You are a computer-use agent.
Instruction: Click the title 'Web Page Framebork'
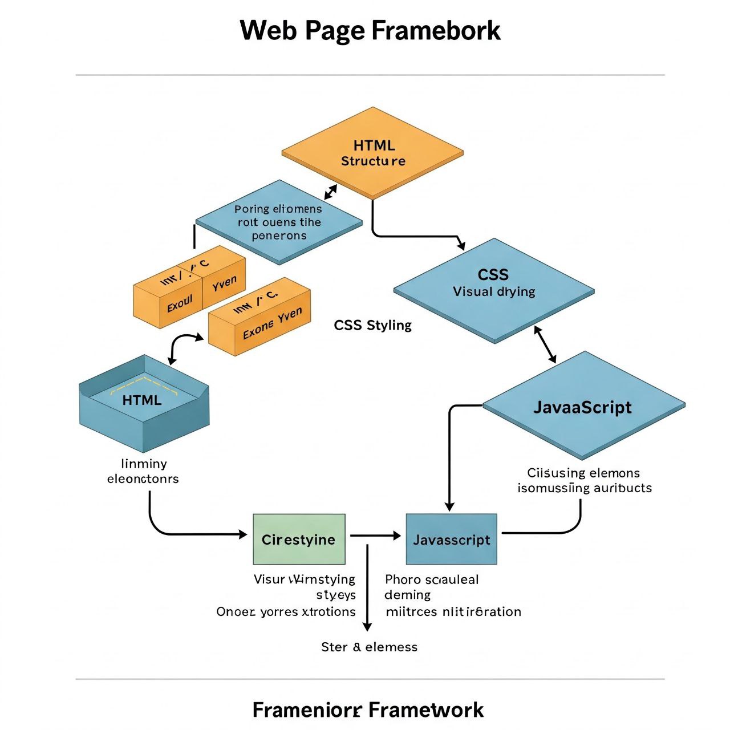pos(370,31)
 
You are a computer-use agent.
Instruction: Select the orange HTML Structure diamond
pos(373,153)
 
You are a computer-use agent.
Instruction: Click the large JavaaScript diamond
pos(583,406)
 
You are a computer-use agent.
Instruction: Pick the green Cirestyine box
pos(299,540)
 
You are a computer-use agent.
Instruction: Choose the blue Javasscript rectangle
pos(451,540)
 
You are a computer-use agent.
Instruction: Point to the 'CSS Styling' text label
pos(372,325)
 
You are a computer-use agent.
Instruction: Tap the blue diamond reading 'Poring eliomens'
pos(279,222)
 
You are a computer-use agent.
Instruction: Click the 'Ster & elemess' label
pos(369,647)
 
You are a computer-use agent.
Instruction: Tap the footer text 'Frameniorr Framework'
pos(368,710)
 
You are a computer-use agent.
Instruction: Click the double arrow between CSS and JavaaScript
pos(545,344)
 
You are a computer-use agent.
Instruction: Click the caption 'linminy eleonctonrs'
pos(143,471)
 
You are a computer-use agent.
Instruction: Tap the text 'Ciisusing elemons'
pos(583,473)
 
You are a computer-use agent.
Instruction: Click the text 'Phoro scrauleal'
pos(432,579)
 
